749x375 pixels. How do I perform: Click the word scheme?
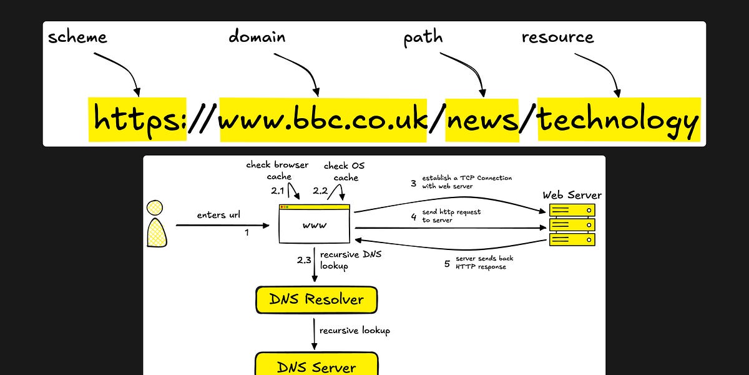click(x=77, y=37)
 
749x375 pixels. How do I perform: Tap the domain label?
click(x=257, y=37)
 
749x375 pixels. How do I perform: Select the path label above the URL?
click(x=423, y=38)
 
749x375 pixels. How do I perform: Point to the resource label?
click(x=557, y=37)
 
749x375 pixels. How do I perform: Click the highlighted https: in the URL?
click(x=138, y=119)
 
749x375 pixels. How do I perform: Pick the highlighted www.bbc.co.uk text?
click(x=323, y=119)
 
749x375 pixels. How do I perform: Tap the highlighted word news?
click(x=482, y=119)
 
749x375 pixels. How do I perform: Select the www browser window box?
click(x=314, y=224)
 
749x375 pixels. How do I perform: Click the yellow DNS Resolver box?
click(x=316, y=300)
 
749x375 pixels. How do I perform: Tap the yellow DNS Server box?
click(x=316, y=365)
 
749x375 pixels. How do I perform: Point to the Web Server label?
click(x=572, y=196)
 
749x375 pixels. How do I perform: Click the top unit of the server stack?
click(x=572, y=211)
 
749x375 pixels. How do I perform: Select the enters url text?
click(x=219, y=215)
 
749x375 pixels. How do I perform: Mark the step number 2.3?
click(x=305, y=259)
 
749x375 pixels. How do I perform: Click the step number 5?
click(x=447, y=264)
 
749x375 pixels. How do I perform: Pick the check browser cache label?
click(x=277, y=171)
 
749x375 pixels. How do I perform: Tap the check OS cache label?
click(x=345, y=171)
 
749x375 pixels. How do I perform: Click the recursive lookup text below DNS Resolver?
click(x=355, y=330)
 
